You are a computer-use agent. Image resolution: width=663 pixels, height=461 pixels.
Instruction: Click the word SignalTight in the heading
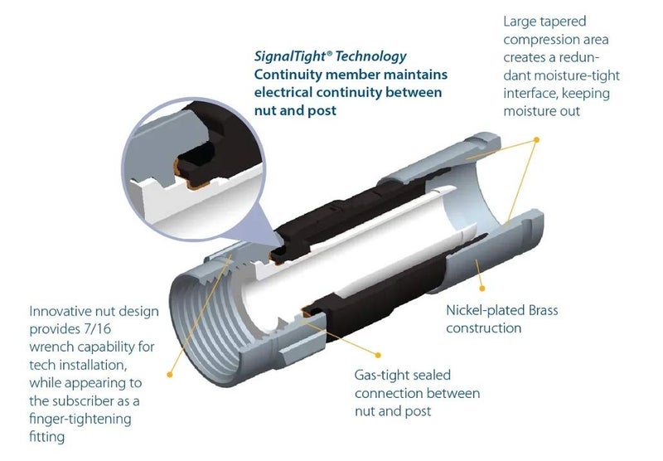pyautogui.click(x=291, y=56)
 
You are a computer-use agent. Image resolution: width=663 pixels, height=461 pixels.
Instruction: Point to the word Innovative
pyautogui.click(x=60, y=311)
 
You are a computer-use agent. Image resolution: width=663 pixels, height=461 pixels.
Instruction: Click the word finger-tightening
pyautogui.click(x=80, y=420)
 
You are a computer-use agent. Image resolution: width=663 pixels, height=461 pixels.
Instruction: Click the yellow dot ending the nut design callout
pyautogui.click(x=170, y=374)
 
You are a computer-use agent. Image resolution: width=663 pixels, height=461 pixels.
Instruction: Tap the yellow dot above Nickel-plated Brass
pyautogui.click(x=482, y=289)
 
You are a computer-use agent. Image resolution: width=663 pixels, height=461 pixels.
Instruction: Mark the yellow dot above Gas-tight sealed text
pyautogui.click(x=378, y=355)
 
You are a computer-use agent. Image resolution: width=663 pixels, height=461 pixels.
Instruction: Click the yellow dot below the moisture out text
pyautogui.click(x=536, y=139)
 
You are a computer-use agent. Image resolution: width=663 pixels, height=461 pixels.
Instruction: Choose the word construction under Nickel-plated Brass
pyautogui.click(x=484, y=328)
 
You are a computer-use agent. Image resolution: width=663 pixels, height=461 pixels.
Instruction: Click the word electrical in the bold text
pyautogui.click(x=285, y=93)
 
